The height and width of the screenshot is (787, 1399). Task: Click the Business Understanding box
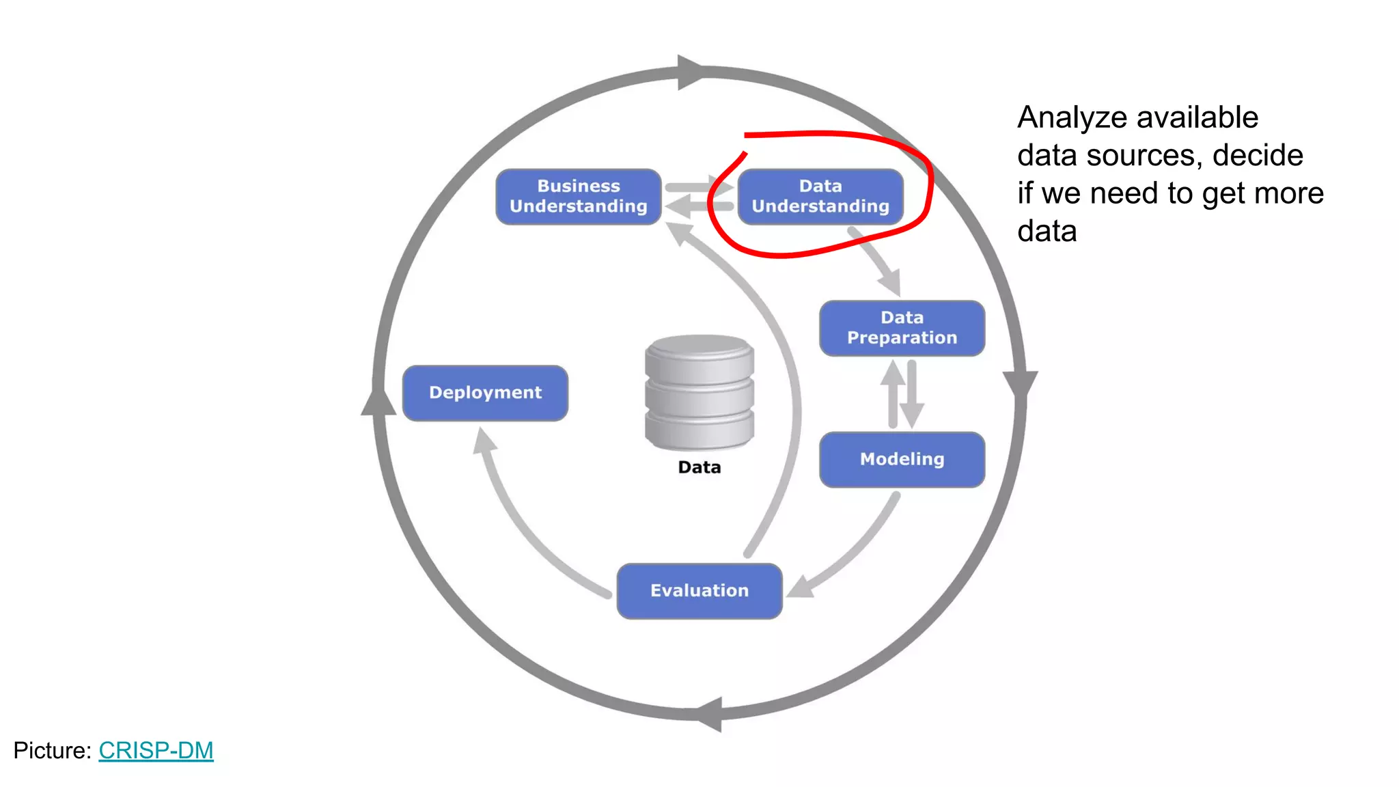(x=578, y=197)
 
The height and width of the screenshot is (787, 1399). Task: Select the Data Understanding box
(x=820, y=197)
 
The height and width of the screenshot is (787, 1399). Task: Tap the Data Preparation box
(x=902, y=328)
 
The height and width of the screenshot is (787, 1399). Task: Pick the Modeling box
(x=902, y=459)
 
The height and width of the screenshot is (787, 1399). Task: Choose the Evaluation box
(x=699, y=591)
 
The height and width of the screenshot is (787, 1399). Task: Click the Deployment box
(x=485, y=393)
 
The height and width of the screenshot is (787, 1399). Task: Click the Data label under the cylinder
(x=699, y=467)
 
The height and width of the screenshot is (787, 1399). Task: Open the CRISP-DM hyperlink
(x=156, y=750)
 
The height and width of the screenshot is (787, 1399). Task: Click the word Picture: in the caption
(x=52, y=750)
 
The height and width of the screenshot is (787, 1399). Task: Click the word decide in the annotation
(x=1258, y=156)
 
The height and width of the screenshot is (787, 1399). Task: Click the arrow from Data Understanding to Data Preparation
(x=878, y=263)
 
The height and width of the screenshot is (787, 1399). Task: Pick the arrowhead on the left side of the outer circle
(x=378, y=402)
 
